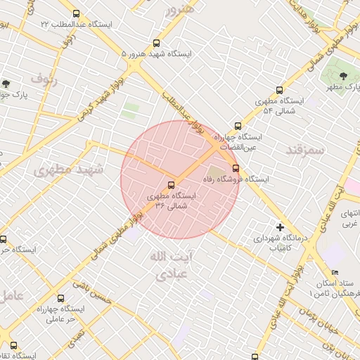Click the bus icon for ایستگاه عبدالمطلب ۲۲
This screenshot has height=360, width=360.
[x=77, y=13]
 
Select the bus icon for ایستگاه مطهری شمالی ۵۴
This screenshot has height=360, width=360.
[x=279, y=90]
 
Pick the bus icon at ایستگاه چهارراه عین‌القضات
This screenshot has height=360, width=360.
[x=238, y=126]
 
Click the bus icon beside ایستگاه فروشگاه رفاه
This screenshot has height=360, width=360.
[x=235, y=168]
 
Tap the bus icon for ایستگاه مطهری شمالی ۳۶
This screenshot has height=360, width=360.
[x=172, y=185]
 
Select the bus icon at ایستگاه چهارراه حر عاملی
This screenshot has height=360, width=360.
[x=60, y=298]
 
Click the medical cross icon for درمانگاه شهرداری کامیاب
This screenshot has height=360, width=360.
[x=280, y=227]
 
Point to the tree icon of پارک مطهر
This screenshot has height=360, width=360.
[x=342, y=74]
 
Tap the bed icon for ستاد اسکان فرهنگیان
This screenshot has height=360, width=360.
[x=335, y=272]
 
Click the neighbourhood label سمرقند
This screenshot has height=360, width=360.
[x=304, y=150]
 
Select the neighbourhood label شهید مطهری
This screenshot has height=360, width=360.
[x=68, y=169]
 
